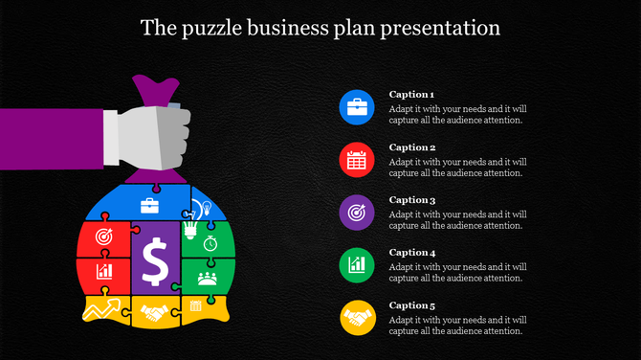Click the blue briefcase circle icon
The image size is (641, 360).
coord(357,107)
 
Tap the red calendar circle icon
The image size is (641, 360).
coord(357,160)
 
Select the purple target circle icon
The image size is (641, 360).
coord(357,213)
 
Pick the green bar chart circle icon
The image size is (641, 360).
coord(357,264)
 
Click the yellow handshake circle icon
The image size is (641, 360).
coord(357,317)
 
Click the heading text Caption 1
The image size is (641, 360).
coord(412,95)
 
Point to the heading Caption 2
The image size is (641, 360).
coord(412,147)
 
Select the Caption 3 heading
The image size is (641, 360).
coord(412,200)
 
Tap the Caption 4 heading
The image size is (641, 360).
coord(412,253)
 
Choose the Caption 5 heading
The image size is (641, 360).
coord(412,305)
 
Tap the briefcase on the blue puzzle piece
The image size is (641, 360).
coord(150,205)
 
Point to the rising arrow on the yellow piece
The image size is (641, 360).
coord(106,309)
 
